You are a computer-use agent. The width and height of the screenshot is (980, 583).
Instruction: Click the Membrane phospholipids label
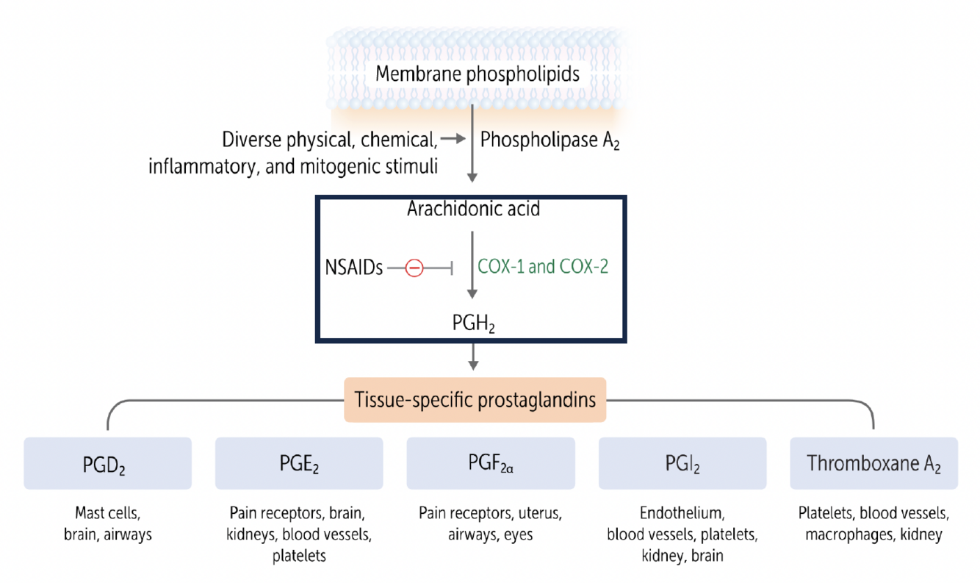coord(477,74)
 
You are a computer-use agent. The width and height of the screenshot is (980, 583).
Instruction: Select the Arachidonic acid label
coord(473,210)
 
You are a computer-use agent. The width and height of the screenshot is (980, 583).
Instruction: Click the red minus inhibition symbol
coord(414,268)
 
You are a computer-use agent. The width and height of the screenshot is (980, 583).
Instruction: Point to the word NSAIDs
coord(354,268)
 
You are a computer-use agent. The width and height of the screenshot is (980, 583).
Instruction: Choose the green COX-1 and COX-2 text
coord(543,266)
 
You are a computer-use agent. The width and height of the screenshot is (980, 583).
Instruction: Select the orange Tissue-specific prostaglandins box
coord(475,400)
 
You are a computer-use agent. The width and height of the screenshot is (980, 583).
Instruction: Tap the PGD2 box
coord(107,464)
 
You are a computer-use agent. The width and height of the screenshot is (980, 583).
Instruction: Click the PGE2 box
coord(299,464)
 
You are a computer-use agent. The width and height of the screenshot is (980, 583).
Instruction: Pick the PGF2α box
coord(490,464)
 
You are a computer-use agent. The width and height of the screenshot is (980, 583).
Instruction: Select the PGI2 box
coord(682,464)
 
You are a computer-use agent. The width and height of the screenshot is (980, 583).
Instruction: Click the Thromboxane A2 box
coord(873,464)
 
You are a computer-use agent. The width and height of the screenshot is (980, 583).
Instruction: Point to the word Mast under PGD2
coord(91,512)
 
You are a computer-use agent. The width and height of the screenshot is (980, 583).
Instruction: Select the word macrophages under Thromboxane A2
coord(846,534)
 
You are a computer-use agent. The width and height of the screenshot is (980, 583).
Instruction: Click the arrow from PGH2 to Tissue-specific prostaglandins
coord(473,357)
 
